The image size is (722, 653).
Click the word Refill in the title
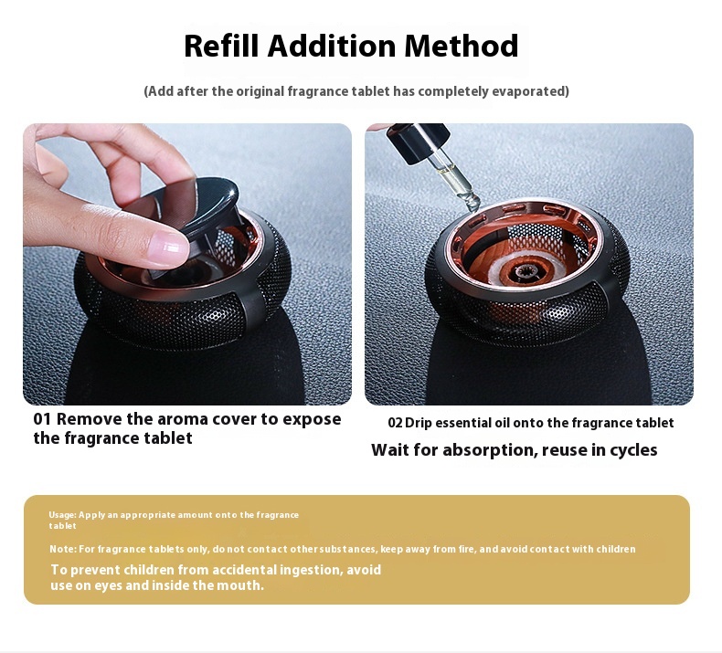tap(222, 46)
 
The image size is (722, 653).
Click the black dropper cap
tap(414, 141)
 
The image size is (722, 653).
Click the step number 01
tap(42, 419)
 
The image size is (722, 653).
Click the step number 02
tap(395, 423)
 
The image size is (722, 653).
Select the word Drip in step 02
tap(419, 423)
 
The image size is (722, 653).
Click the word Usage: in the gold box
tap(63, 515)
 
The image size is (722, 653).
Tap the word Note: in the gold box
tap(64, 549)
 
